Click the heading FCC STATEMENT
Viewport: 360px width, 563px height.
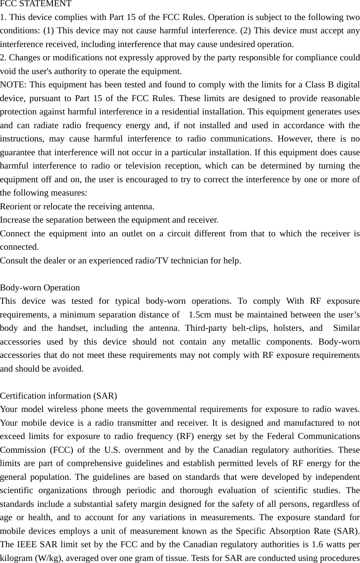(36, 4)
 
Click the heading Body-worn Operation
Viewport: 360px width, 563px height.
(40, 288)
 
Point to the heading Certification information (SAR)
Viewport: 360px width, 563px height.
(59, 395)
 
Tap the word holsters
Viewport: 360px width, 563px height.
(289, 328)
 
